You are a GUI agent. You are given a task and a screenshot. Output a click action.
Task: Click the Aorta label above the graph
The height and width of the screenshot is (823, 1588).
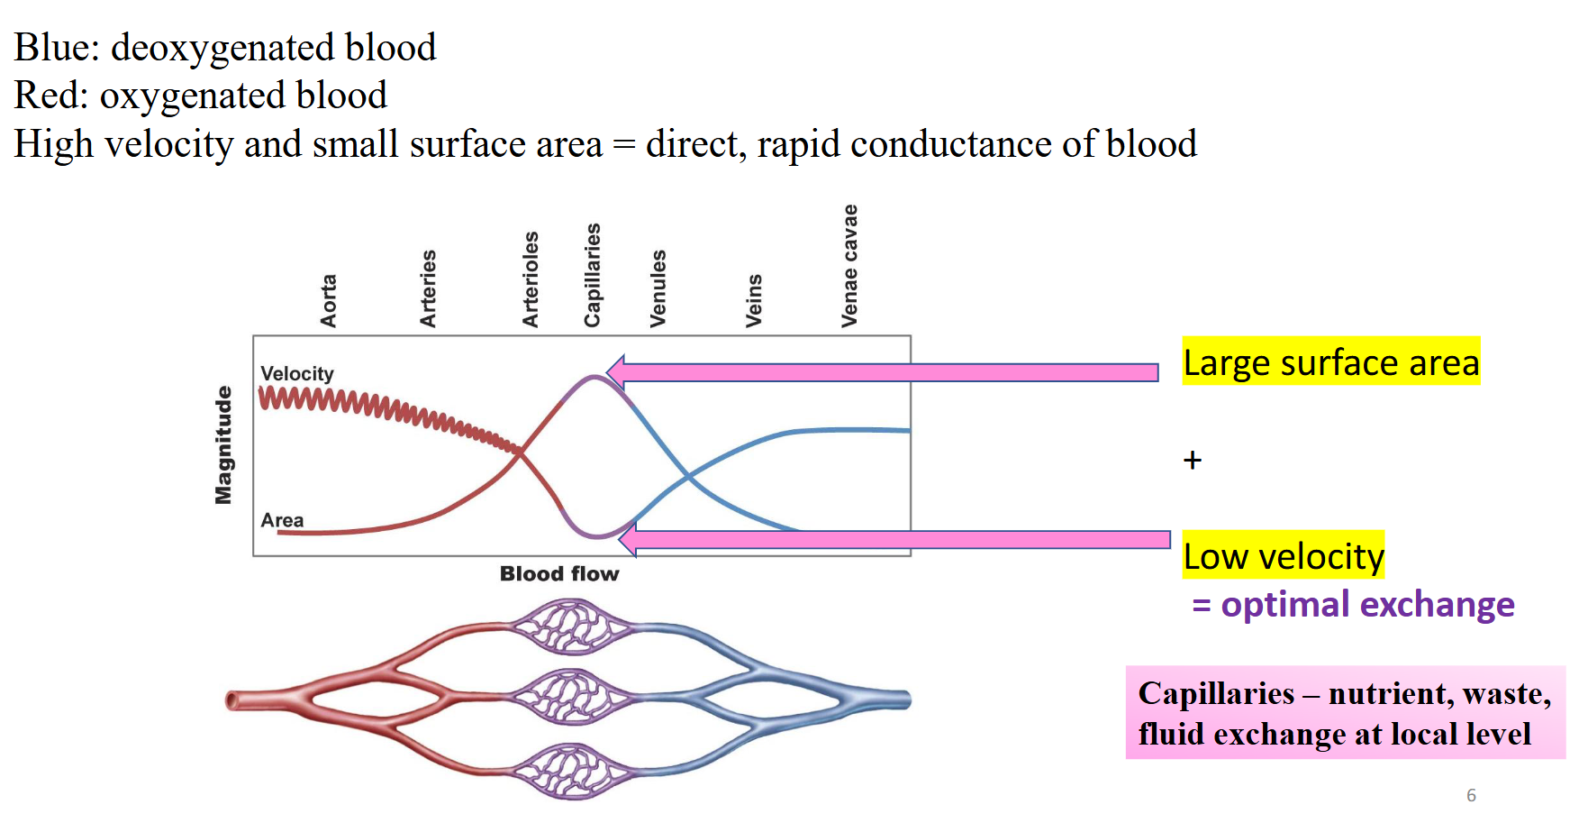click(329, 301)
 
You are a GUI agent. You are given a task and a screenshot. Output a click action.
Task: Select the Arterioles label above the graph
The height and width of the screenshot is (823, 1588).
click(531, 279)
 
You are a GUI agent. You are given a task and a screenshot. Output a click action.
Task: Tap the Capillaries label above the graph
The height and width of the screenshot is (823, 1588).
click(592, 275)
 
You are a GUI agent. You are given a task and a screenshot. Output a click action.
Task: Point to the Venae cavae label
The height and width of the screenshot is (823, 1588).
click(849, 266)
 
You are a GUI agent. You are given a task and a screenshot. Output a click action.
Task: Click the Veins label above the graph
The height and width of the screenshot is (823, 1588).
click(754, 300)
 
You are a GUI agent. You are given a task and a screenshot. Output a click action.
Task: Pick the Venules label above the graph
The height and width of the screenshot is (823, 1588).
click(658, 288)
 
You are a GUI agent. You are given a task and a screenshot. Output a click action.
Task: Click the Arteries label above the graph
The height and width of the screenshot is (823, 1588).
click(429, 288)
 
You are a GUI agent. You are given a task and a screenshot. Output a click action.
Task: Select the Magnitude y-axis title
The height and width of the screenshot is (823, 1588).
click(223, 445)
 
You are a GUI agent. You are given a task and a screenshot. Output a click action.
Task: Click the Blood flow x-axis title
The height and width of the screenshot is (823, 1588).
click(559, 574)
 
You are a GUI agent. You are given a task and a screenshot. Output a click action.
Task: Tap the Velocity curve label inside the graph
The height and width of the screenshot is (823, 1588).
click(297, 373)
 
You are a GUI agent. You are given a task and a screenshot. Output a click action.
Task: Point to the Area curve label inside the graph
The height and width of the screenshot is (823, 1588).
click(282, 520)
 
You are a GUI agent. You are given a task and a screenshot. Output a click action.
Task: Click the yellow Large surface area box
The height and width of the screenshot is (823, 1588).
click(1330, 361)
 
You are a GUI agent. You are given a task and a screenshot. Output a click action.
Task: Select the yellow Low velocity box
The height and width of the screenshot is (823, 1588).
click(1283, 555)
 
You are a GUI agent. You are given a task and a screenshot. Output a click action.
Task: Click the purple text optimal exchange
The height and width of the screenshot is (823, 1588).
click(1366, 604)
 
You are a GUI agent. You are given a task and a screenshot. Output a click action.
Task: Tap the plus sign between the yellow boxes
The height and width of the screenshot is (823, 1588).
click(1193, 461)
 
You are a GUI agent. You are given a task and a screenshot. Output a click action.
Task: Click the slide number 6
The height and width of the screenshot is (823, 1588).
click(1471, 795)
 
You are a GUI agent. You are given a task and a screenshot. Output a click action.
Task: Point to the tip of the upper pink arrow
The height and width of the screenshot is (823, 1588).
click(610, 371)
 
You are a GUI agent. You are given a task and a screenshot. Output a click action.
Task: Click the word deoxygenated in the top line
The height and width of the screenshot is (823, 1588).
click(222, 48)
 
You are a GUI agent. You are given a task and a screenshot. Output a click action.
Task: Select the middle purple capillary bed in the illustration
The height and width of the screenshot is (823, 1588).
click(571, 697)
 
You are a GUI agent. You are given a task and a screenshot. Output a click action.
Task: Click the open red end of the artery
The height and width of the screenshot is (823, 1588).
click(232, 700)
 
